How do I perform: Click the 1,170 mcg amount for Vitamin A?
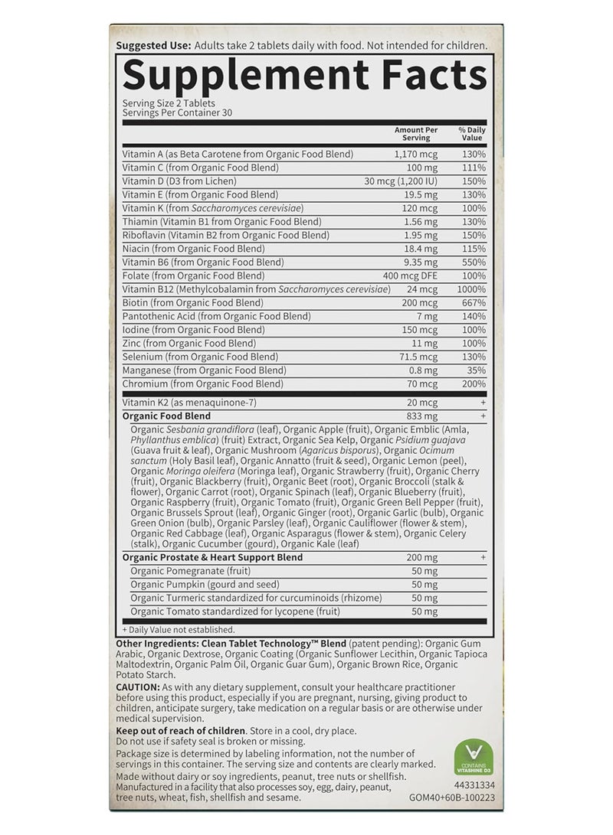click(414, 154)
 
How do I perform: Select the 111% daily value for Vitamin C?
click(474, 167)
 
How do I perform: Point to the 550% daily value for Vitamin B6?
click(474, 262)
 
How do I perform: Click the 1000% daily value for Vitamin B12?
click(470, 289)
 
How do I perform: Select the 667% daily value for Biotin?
click(474, 302)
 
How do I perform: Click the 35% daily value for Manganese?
click(476, 370)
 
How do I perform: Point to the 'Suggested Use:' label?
click(143, 46)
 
